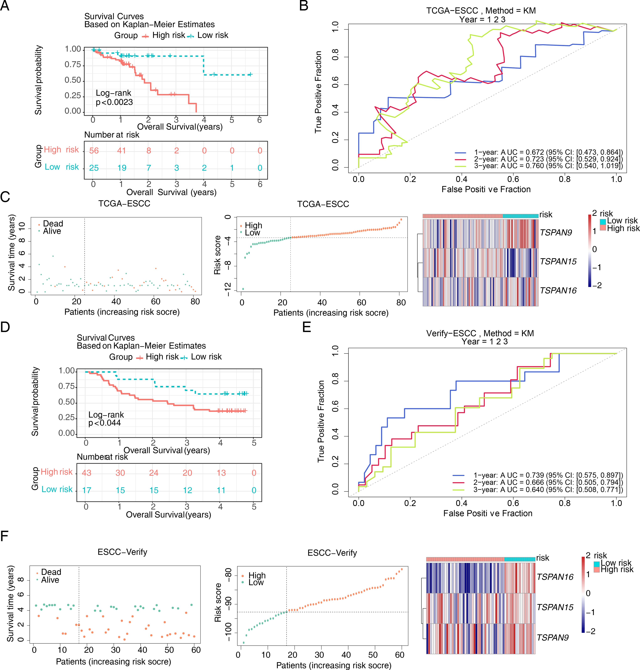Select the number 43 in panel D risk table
click(87, 473)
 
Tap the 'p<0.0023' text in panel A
click(114, 102)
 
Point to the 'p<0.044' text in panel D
click(104, 423)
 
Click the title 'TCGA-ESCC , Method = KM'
click(481, 11)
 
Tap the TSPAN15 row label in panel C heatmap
click(558, 261)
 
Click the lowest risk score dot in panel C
click(243, 289)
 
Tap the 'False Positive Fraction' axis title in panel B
click(486, 189)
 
